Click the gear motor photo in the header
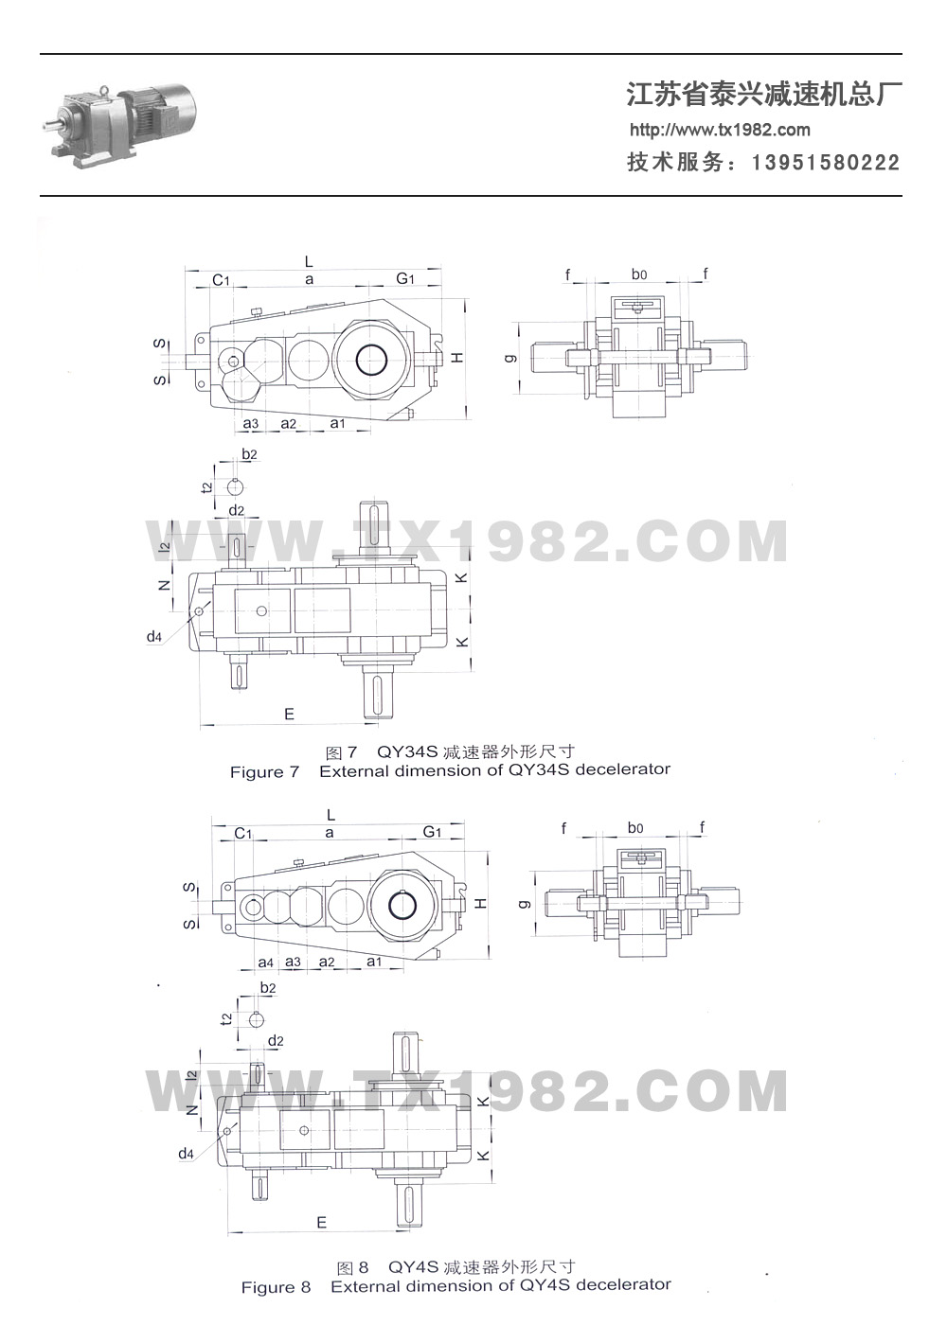(119, 122)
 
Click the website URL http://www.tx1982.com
(720, 131)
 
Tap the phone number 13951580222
(826, 163)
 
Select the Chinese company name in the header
(763, 94)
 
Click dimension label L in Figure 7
(309, 261)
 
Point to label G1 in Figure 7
(405, 278)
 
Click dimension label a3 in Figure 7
(250, 424)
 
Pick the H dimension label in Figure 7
(457, 358)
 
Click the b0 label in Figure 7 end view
(638, 274)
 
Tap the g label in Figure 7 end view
(511, 358)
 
